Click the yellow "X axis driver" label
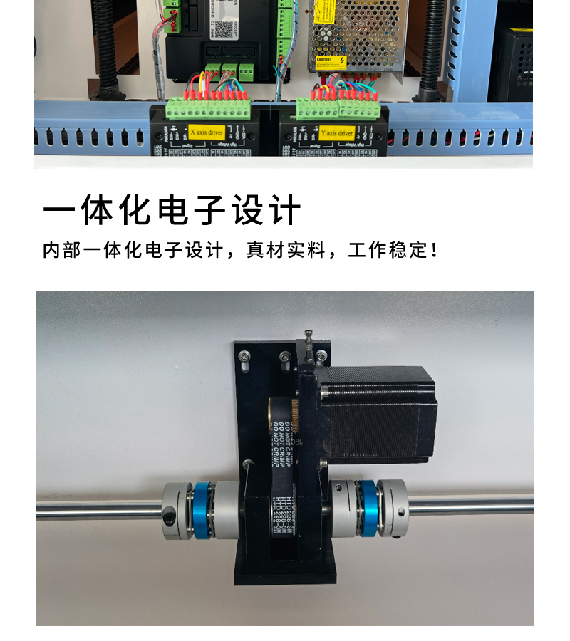pos(206,132)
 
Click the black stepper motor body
pos(378,413)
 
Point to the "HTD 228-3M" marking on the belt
pos(281,509)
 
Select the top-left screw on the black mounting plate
pos(244,355)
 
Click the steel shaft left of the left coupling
pos(100,509)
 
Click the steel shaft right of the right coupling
pos(470,506)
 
